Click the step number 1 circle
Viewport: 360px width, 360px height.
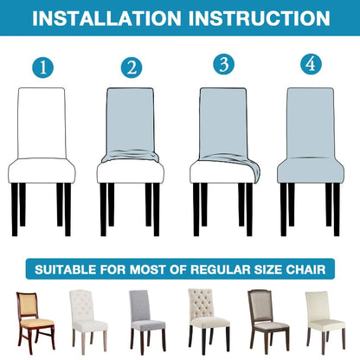pos(43,67)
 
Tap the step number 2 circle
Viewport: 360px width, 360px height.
pos(132,67)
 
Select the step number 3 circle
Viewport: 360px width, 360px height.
pos(224,64)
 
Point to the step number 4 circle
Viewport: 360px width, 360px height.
pos(312,64)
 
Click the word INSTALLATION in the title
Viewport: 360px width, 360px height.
pos(106,18)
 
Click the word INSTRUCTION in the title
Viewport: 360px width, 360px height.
pos(260,18)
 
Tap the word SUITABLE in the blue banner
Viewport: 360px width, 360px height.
pos(66,269)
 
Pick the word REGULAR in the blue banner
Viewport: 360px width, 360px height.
pos(221,269)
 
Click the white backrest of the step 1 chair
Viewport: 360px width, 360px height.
pos(42,123)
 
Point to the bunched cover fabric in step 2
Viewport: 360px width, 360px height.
pos(131,156)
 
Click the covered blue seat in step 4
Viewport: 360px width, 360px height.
pos(311,170)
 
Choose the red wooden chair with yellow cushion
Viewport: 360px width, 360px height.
pos(35,322)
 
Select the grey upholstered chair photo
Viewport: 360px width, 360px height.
pos(147,322)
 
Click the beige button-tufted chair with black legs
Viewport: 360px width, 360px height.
pos(209,321)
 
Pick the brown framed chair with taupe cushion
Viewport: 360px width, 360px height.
pos(268,322)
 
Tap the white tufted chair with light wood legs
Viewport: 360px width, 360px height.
pos(88,322)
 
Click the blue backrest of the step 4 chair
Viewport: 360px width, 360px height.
pos(311,123)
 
